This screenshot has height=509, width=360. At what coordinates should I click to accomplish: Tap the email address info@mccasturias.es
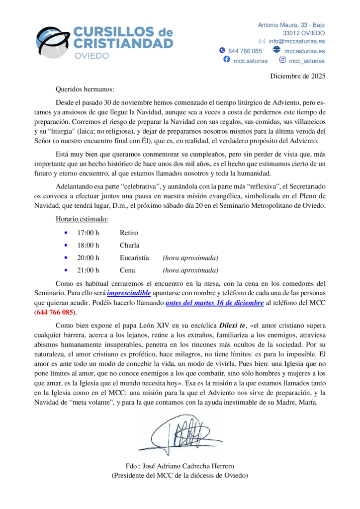click(297, 41)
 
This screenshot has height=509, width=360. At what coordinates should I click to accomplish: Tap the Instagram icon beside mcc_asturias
click(282, 60)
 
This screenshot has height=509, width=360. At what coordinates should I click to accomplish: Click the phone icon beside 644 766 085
click(222, 51)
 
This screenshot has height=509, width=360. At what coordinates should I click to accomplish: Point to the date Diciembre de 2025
click(297, 76)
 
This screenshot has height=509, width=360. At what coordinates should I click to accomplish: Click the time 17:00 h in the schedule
click(89, 233)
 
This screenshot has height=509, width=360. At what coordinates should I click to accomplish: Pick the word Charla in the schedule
click(129, 245)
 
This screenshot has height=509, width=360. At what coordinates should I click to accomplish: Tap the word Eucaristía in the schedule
click(134, 258)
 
